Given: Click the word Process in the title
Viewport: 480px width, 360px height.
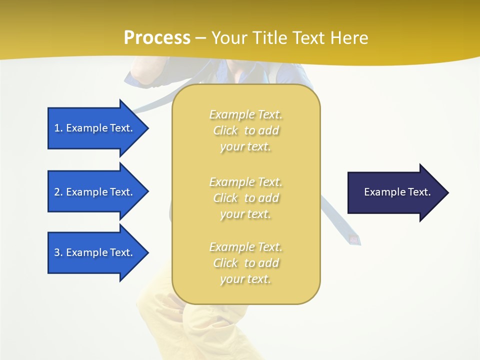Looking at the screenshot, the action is coord(157,38).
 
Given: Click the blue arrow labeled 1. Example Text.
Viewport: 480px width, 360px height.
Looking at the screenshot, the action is coord(98,128).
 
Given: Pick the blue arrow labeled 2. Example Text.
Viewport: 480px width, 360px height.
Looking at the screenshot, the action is coord(98,191).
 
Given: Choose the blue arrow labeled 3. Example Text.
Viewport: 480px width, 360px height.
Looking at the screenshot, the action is coord(98,252).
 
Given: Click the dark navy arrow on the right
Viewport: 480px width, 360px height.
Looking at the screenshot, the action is coord(398,192).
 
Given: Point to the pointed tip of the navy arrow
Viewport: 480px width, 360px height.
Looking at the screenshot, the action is coord(449,192).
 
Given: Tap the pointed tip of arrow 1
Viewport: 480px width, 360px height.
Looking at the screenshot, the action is coord(149,128).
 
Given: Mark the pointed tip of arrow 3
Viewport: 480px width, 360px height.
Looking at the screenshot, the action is coord(149,252).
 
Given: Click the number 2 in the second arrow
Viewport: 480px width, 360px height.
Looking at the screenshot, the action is coord(57,192).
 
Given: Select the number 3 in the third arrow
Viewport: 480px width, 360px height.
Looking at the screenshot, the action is coord(57,252).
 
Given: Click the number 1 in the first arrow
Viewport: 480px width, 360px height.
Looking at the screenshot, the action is coord(57,128).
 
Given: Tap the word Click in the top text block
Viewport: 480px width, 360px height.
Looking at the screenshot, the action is coord(225,130).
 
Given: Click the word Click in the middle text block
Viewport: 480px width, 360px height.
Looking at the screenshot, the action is coord(225,198).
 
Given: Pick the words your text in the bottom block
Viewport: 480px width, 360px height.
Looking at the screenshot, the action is coord(245,279).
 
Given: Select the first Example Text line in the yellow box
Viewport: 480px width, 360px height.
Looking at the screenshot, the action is coord(246,114).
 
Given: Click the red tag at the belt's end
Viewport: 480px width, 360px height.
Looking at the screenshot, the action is coord(354,239).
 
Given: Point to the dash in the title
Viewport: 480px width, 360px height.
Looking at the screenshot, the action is coord(200,39).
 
